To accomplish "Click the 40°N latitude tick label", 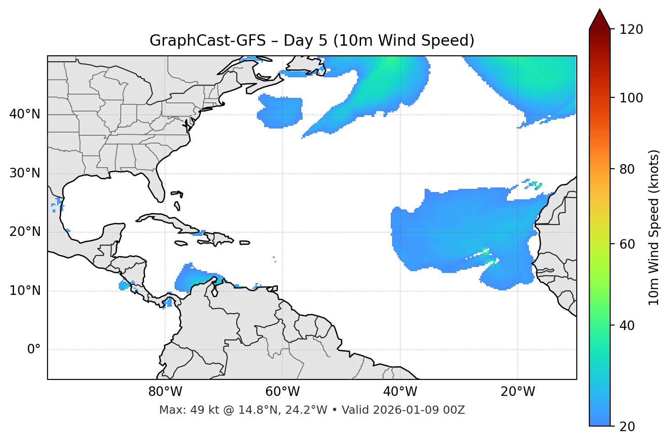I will point(25,114).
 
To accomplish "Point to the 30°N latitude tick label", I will point(25,173).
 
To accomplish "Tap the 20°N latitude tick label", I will point(25,232).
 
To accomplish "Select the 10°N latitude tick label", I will point(25,291).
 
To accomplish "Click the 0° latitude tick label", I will point(34,350).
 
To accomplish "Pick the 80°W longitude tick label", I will point(165,392).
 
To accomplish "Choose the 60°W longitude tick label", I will point(282,392).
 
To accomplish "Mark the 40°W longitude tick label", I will point(400,392).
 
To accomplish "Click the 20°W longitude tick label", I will point(518,392).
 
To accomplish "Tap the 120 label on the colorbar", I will point(631,30).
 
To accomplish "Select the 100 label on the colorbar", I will point(631,98).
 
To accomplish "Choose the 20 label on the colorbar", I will point(627,427).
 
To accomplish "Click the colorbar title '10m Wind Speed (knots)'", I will point(654,228).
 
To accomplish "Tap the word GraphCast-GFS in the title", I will point(207,41).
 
